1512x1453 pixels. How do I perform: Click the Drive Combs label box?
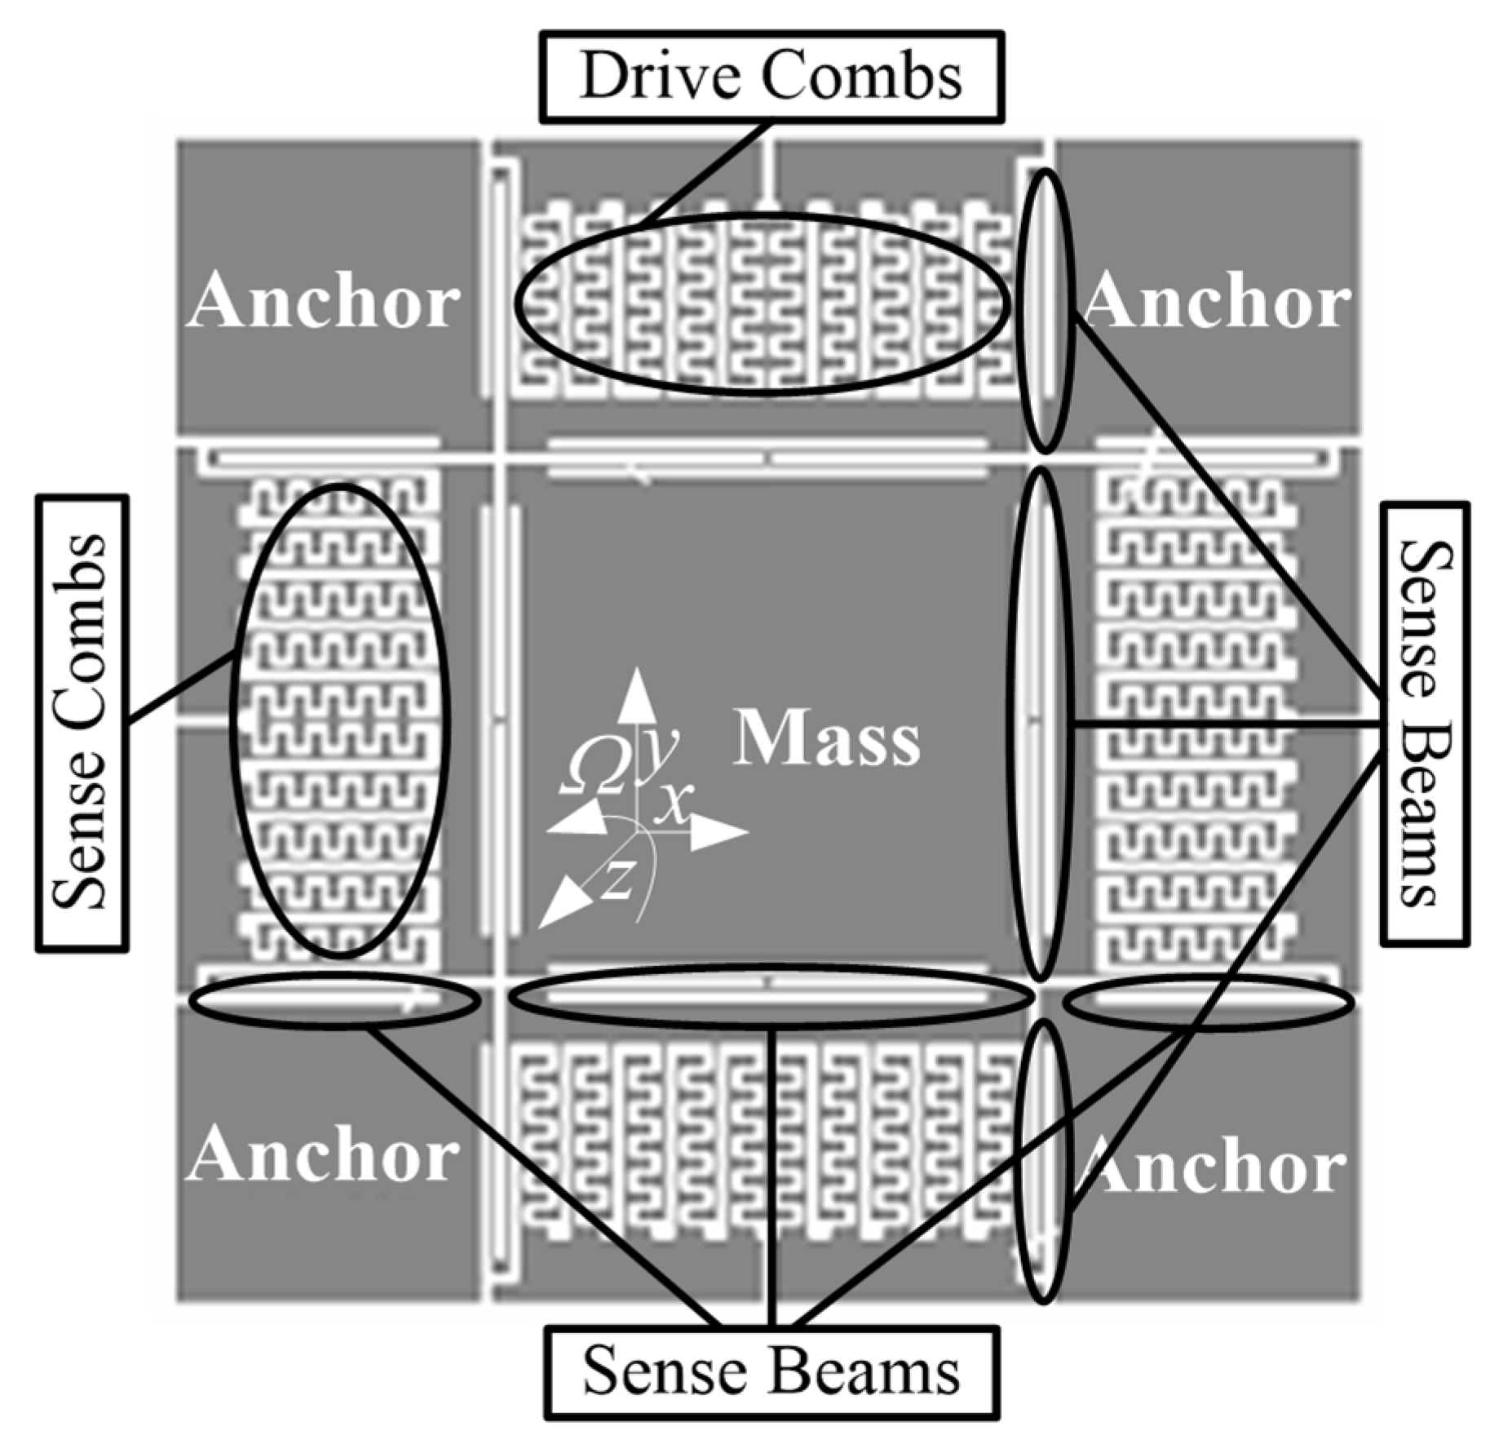(x=771, y=78)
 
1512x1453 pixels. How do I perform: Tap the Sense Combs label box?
(x=82, y=722)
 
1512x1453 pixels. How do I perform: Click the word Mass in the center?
(x=826, y=739)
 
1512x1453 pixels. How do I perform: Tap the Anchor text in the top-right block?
(x=1217, y=302)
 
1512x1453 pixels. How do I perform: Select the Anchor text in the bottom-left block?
(x=324, y=1154)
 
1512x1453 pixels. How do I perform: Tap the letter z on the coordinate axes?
(x=617, y=881)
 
